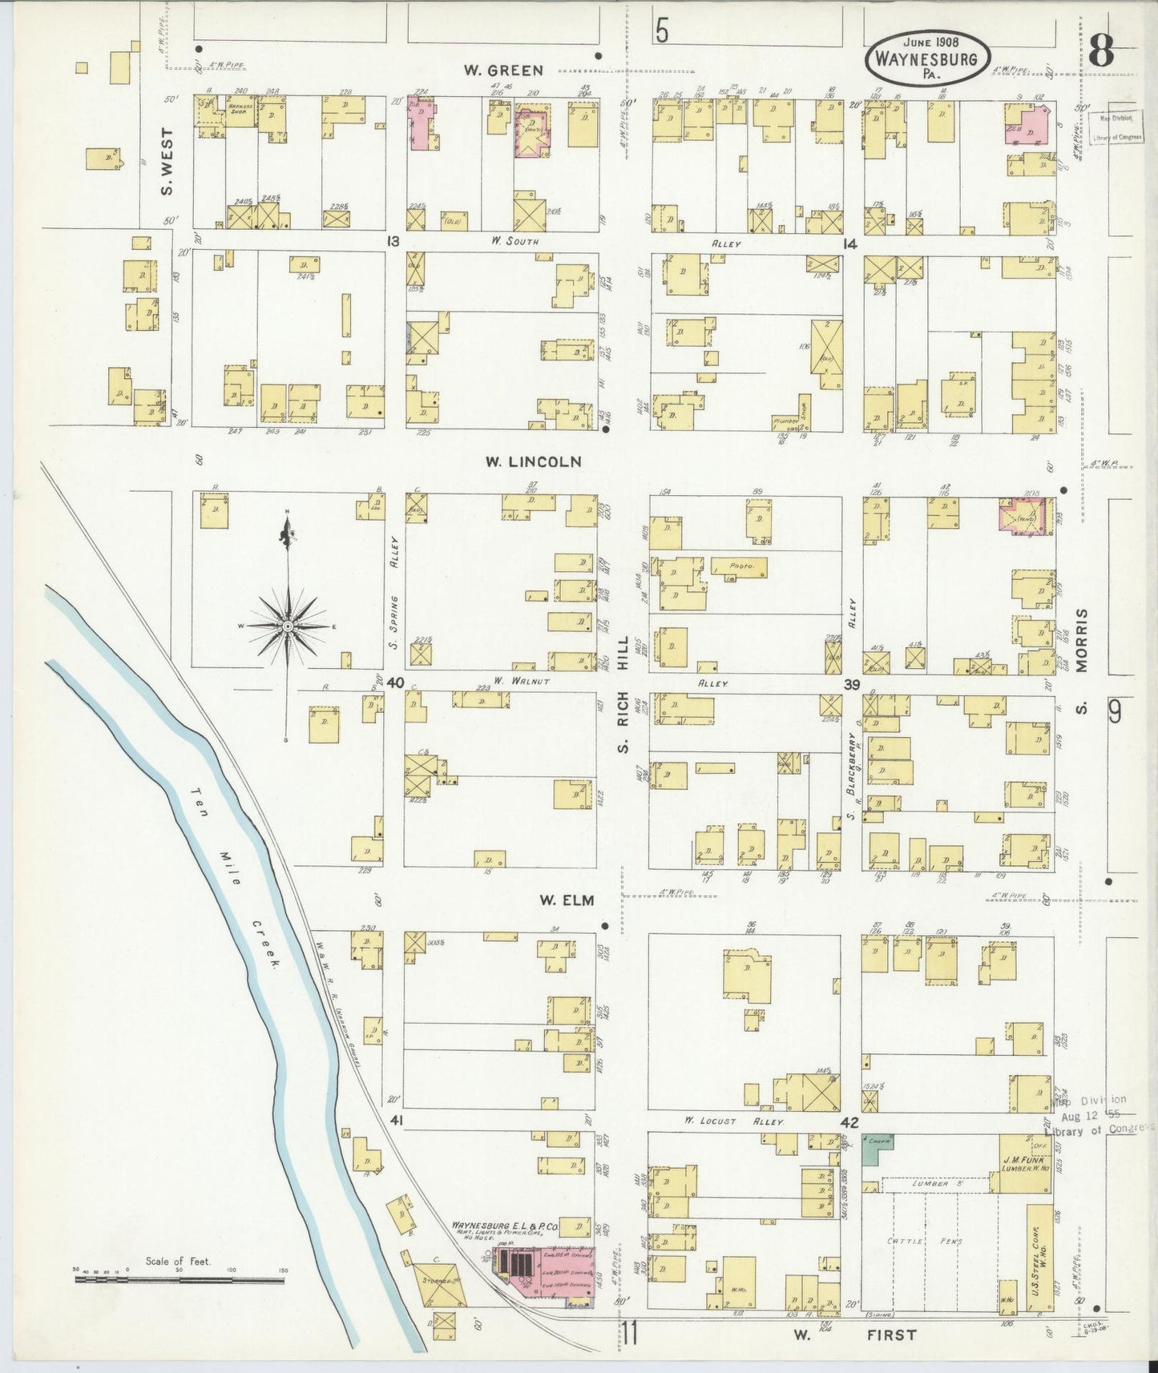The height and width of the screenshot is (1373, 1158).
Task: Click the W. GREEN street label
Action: [x=503, y=70]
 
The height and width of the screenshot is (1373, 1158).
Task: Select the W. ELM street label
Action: [x=566, y=900]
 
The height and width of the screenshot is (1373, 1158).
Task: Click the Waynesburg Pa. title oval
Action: [x=928, y=58]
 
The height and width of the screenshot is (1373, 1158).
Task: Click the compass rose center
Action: [x=287, y=626]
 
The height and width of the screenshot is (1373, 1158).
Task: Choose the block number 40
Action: [x=393, y=682]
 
